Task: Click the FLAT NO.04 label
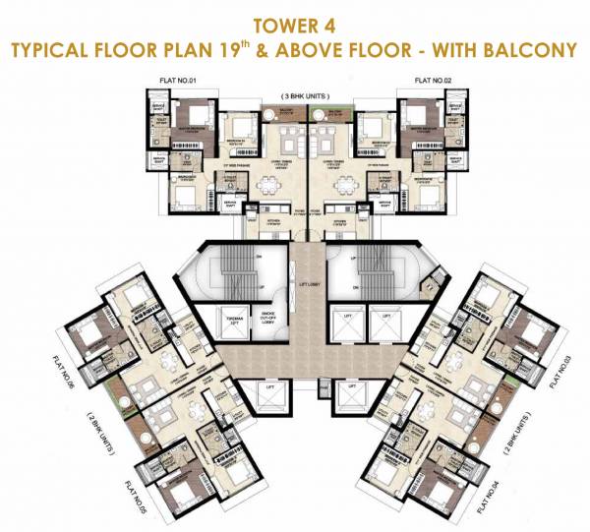tap(484, 502)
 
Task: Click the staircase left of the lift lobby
tap(252, 270)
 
